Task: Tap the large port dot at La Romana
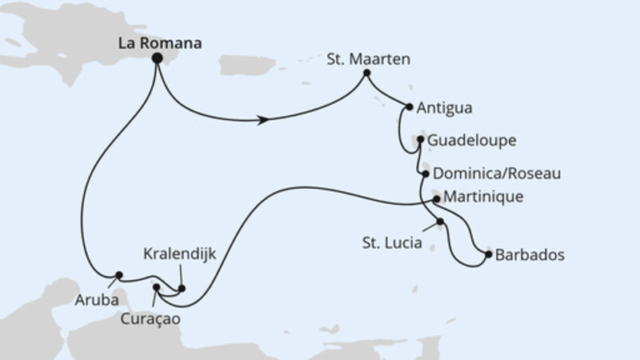158,58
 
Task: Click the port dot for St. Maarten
366,74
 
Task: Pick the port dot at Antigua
410,106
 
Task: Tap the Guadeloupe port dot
420,140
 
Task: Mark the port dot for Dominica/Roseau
424,172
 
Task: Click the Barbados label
530,256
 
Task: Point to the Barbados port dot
488,255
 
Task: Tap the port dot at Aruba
119,275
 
